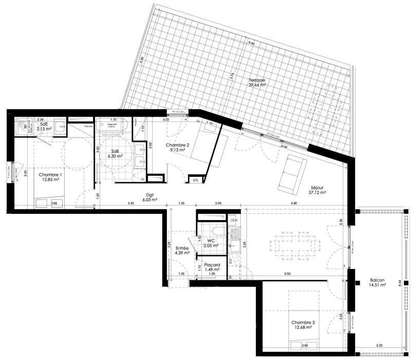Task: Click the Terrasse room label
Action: coord(257,81)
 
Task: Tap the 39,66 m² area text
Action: coord(257,86)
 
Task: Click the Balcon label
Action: coord(378,281)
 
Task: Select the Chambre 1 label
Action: coord(50,175)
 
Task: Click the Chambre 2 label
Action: coord(177,145)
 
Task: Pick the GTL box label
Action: coord(196,181)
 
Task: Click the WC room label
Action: coord(211,240)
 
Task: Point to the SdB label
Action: coord(114,152)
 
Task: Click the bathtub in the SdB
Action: coord(113,126)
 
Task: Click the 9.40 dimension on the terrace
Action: coord(251,44)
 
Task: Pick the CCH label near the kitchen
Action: coord(234,221)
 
